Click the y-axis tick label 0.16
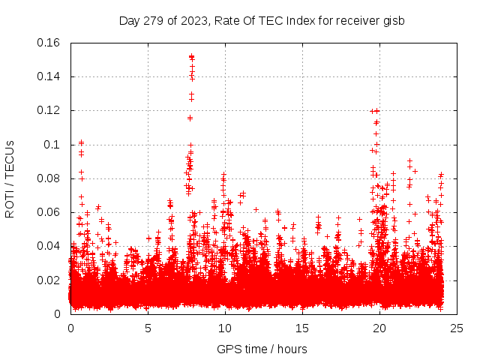click(x=49, y=43)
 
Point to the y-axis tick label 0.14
click(x=49, y=76)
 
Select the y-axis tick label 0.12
click(x=49, y=110)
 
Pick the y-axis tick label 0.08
click(x=49, y=178)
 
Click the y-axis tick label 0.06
click(x=49, y=212)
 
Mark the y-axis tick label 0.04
click(x=49, y=246)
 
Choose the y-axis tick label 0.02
click(x=49, y=280)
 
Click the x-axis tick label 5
click(x=148, y=328)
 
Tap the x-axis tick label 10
click(x=225, y=328)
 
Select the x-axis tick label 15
click(x=302, y=328)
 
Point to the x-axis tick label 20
click(x=379, y=328)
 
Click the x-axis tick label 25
click(x=457, y=328)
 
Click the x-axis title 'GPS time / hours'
click(x=262, y=349)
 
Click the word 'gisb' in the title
click(x=394, y=21)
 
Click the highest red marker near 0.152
click(x=191, y=56)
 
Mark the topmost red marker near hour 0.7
click(x=81, y=142)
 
